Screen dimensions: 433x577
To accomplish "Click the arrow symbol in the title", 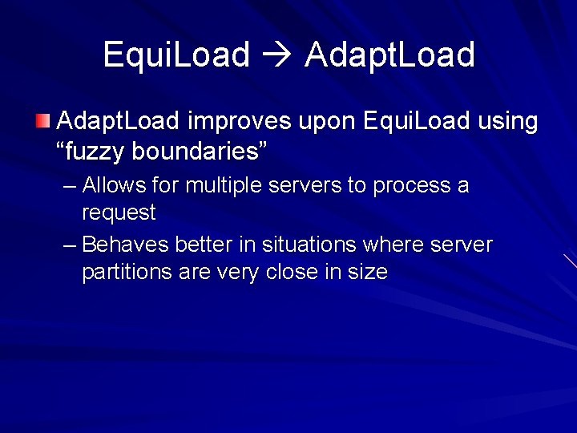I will click(x=277, y=55).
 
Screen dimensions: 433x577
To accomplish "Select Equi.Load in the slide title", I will click(x=176, y=55).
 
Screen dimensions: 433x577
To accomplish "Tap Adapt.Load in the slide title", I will click(x=389, y=55).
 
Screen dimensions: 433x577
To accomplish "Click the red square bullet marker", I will click(x=42, y=122).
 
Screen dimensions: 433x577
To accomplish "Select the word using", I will click(x=508, y=122).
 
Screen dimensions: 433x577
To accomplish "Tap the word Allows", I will click(x=110, y=185).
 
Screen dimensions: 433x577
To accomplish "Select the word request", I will click(x=119, y=212).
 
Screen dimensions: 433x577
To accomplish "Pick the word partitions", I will click(x=127, y=272).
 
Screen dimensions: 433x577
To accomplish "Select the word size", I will click(x=368, y=272).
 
